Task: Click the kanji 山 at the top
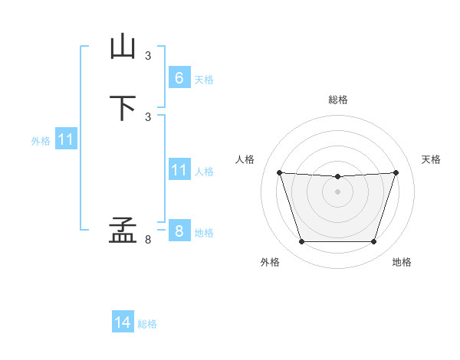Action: coord(123,46)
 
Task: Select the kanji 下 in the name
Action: coord(123,108)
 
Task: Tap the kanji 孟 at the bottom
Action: coord(123,230)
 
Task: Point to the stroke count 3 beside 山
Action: coord(148,56)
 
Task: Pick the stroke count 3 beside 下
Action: coord(148,117)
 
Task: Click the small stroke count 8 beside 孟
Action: coord(148,240)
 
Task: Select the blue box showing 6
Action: coord(179,77)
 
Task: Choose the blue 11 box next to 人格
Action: coord(179,169)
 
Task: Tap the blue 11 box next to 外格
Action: coord(66,139)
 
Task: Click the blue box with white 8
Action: coord(179,230)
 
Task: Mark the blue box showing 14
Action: coord(123,321)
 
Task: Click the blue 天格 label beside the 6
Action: coord(204,80)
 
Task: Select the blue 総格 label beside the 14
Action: coord(147,324)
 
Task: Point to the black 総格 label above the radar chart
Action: coord(338,100)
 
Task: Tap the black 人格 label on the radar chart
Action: coord(245,159)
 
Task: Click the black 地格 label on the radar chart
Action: coord(402,262)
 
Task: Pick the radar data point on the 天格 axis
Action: coord(396,172)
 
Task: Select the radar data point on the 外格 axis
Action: coord(302,242)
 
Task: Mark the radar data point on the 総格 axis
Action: coord(337,176)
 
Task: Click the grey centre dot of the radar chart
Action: coord(337,191)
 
